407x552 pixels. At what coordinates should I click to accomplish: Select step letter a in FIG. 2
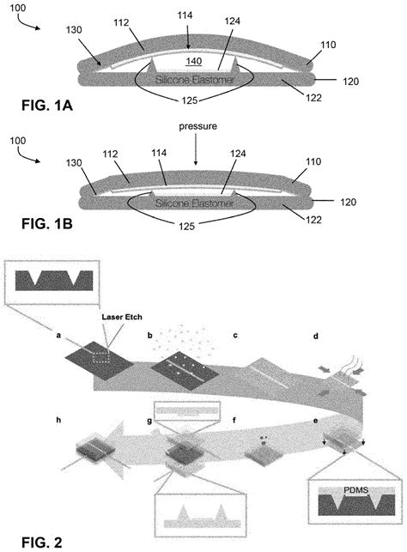point(58,337)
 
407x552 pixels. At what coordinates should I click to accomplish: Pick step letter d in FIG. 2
point(316,337)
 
